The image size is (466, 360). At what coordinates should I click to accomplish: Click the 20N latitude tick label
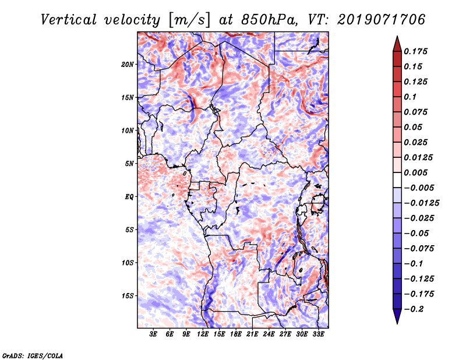[128, 64]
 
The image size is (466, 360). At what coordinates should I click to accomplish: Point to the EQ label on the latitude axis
[130, 197]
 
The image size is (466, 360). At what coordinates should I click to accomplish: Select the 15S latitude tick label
[128, 296]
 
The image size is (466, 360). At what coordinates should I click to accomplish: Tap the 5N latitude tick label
[130, 164]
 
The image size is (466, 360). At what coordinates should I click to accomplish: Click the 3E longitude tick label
[154, 335]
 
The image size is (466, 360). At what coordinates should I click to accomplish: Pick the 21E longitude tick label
[253, 335]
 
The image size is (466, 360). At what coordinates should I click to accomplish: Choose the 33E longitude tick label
[319, 335]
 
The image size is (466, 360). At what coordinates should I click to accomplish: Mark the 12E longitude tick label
[203, 335]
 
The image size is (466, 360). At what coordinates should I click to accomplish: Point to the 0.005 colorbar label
[416, 172]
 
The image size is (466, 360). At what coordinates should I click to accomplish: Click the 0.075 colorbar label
[416, 112]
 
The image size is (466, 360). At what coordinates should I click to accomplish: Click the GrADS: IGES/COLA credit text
[32, 355]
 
